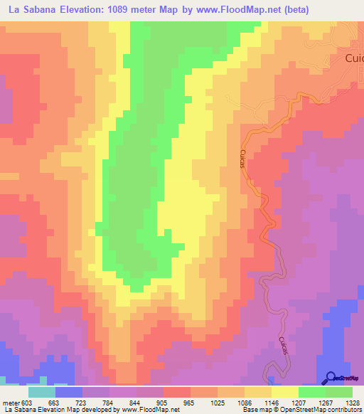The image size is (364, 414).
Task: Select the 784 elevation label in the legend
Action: click(108, 403)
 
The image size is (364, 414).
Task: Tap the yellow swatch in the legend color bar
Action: click(284, 392)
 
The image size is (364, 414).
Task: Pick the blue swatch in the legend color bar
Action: click(69, 392)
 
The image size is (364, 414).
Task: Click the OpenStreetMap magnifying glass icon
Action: click(330, 378)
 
